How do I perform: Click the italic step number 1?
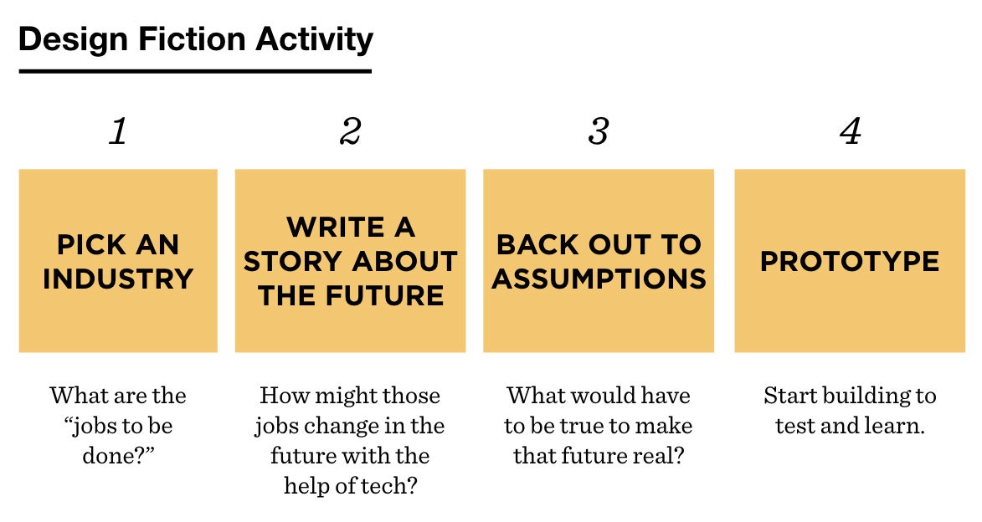(118, 131)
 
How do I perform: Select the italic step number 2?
(350, 131)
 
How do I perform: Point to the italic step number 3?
(598, 131)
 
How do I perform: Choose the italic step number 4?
(850, 131)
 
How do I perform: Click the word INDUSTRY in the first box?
(118, 279)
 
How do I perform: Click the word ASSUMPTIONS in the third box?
(599, 279)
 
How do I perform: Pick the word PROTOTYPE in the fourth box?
(850, 261)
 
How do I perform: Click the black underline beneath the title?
(195, 71)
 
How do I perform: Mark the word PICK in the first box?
(88, 244)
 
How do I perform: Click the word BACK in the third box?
(535, 244)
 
